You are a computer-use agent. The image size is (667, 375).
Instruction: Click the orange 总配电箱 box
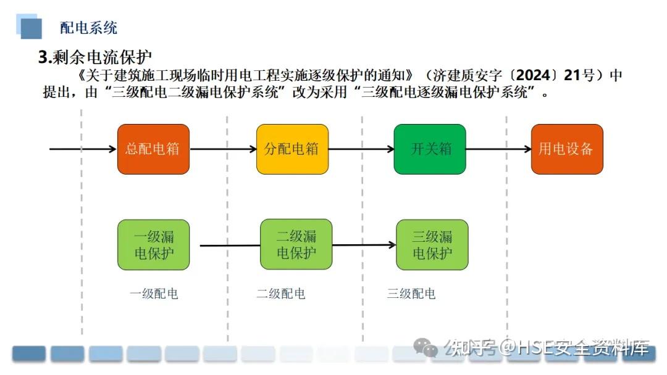tap(153, 149)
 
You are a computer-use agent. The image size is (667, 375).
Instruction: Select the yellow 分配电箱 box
tap(292, 149)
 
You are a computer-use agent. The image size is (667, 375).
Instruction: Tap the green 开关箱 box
tap(430, 149)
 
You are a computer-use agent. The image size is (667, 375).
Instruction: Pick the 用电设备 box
tap(566, 149)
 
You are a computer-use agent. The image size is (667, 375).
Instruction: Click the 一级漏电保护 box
tap(153, 245)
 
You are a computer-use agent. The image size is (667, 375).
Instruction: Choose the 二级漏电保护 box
tap(296, 244)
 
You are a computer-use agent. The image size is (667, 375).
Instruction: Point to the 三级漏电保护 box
tap(432, 245)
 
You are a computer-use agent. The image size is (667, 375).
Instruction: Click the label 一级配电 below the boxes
tap(154, 294)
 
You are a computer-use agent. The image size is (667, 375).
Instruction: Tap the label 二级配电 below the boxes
tap(281, 294)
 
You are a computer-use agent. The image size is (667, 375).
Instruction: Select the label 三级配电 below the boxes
tap(411, 294)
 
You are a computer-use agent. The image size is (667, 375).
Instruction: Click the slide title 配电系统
tap(88, 28)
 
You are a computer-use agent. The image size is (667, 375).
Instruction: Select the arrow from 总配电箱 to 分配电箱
tap(223, 149)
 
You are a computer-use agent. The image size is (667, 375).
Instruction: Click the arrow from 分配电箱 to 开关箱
tap(361, 149)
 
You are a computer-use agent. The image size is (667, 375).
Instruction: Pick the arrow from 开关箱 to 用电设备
tap(498, 149)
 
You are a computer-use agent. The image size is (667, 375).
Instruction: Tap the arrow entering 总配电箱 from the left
tap(83, 149)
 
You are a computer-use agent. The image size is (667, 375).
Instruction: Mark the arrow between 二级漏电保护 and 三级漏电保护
tap(364, 245)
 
